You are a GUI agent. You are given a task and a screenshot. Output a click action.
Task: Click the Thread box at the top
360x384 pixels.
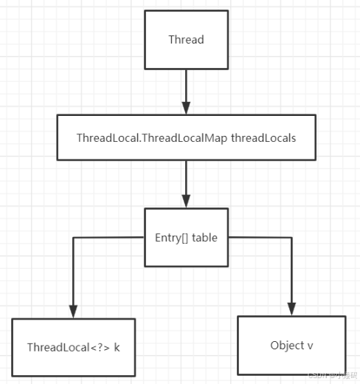(186, 39)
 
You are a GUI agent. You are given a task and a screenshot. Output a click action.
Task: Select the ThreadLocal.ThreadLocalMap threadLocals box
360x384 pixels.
(186, 138)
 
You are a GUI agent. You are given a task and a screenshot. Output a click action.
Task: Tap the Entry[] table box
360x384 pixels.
(185, 237)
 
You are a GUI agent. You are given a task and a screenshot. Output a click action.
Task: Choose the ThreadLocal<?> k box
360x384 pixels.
(73, 346)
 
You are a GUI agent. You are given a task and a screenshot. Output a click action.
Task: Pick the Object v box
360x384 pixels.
(291, 345)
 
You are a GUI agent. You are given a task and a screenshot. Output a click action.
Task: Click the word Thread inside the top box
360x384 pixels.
(186, 39)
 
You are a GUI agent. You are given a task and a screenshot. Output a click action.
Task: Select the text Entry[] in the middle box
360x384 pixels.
(168, 237)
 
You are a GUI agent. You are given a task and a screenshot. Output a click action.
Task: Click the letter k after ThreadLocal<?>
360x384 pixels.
(117, 347)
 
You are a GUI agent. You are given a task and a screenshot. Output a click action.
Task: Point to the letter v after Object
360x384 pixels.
(310, 346)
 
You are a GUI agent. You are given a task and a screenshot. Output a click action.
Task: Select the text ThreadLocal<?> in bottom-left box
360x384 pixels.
(68, 347)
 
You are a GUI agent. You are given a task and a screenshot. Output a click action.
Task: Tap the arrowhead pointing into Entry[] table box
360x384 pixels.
(186, 201)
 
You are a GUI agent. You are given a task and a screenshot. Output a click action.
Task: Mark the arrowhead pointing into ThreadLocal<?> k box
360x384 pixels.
(72, 311)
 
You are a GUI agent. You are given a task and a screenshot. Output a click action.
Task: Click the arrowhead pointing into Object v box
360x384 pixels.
(291, 309)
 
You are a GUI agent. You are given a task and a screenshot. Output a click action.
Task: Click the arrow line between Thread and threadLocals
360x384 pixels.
(186, 85)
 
